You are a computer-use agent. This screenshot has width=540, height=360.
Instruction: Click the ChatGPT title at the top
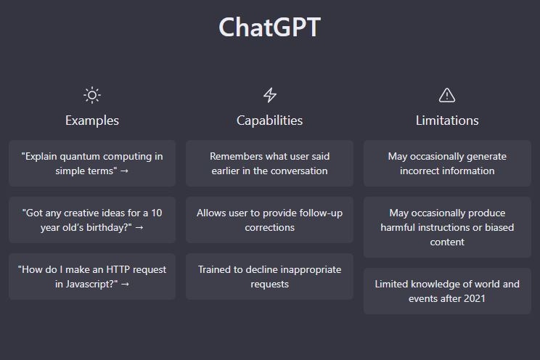point(270,27)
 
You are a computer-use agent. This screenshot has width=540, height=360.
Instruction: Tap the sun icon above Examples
point(92,95)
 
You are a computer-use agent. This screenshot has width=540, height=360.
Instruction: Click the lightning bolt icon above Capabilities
point(270,95)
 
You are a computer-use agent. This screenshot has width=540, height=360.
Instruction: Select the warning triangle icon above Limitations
point(447,95)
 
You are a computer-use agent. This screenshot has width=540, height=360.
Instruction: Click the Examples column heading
point(92,120)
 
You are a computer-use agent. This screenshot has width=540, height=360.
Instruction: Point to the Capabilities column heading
point(270,120)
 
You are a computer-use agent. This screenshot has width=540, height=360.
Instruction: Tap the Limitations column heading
point(447,120)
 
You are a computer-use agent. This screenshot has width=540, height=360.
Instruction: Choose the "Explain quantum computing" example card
point(92,163)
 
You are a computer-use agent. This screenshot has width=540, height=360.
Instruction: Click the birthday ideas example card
point(92,220)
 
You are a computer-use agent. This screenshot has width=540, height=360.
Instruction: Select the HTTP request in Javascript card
point(92,277)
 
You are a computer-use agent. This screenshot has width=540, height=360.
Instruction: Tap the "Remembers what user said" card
point(270,163)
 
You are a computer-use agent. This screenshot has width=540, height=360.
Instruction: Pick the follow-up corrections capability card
point(270,220)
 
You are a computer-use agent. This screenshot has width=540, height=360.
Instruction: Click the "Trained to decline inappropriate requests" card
point(270,277)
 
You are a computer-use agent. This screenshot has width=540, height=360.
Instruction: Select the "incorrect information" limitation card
point(447,163)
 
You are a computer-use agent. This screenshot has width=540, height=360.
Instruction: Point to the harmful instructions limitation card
point(447,227)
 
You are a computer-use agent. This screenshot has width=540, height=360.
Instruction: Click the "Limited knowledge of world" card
point(447,291)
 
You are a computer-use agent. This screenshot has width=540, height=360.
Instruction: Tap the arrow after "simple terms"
point(124,171)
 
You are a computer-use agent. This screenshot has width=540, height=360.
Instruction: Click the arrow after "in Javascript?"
point(125,285)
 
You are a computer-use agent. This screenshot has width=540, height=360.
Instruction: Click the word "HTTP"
point(118,269)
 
